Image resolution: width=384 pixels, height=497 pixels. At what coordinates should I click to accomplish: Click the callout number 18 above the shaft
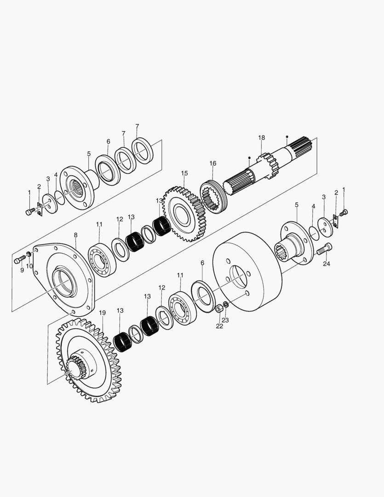(x=261, y=138)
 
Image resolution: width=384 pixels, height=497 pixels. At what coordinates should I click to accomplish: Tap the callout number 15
(x=184, y=173)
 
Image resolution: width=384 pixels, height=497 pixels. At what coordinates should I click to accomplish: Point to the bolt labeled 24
(x=324, y=249)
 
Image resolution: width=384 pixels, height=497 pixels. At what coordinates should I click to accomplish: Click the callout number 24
(x=327, y=264)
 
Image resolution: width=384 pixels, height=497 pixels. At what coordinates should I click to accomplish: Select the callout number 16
(x=212, y=163)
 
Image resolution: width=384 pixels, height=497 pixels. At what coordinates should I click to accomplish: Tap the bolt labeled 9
(x=18, y=260)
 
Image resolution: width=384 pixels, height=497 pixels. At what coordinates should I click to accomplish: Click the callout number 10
(x=29, y=266)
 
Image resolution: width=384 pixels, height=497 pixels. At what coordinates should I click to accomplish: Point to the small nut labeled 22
(x=218, y=309)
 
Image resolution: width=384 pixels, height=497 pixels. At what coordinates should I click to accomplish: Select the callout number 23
(x=225, y=320)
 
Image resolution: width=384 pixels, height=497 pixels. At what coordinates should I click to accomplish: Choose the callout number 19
(x=102, y=313)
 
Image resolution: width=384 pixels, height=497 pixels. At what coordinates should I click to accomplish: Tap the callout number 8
(x=75, y=235)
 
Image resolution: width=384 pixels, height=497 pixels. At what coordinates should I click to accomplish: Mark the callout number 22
(x=219, y=326)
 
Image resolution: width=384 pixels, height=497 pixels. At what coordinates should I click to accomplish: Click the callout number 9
(x=22, y=270)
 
